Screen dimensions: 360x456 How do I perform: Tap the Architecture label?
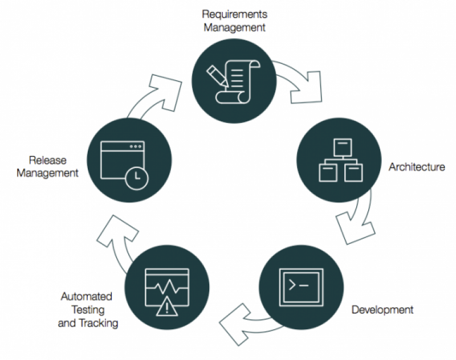pyautogui.click(x=417, y=167)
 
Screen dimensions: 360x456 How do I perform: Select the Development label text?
pyautogui.click(x=382, y=310)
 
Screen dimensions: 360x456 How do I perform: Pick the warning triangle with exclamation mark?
pyautogui.click(x=166, y=308)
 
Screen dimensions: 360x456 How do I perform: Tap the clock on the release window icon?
pyautogui.click(x=135, y=178)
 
